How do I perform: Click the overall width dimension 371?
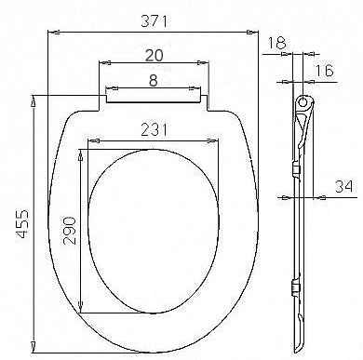click(152, 20)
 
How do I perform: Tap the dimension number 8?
click(152, 81)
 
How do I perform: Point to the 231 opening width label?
click(155, 131)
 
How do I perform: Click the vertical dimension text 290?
click(68, 228)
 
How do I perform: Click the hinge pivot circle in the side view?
click(303, 100)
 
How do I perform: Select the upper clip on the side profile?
click(296, 169)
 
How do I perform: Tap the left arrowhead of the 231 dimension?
click(88, 143)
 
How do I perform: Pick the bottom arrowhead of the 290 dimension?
click(83, 311)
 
